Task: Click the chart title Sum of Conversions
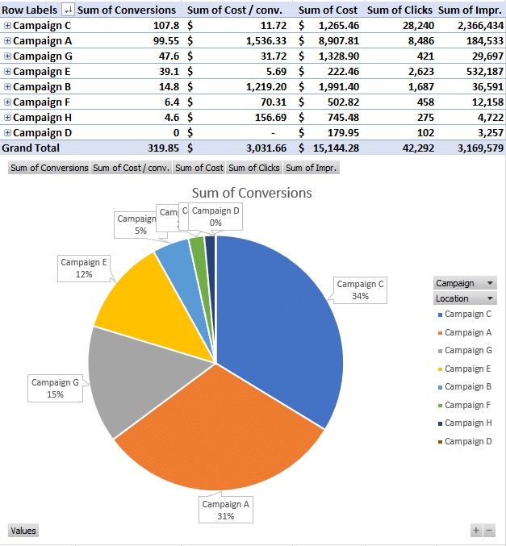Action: click(251, 193)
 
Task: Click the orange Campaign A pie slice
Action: click(218, 444)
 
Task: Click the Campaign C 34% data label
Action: click(360, 290)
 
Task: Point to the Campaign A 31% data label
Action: click(225, 510)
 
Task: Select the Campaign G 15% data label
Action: click(55, 388)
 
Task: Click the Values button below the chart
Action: click(23, 531)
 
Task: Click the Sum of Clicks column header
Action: click(401, 10)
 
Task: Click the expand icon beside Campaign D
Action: click(7, 132)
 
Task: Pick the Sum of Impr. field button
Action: click(311, 168)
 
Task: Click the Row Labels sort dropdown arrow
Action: click(68, 10)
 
